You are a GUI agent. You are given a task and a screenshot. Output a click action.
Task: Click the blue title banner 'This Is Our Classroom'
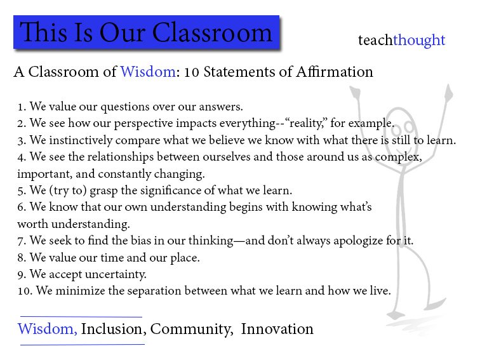point(146,32)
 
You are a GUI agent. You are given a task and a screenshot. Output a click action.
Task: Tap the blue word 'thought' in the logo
point(419,41)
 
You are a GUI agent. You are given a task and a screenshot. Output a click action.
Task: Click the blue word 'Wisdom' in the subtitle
point(148,72)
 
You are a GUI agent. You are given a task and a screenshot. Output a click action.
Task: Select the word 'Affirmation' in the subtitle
point(334,72)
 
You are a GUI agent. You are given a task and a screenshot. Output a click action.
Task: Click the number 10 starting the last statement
point(25,291)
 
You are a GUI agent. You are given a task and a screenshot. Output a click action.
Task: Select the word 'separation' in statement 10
point(154,291)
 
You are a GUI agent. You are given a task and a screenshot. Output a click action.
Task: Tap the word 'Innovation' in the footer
point(277,329)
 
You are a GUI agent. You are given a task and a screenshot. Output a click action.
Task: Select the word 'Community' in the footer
point(191,330)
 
